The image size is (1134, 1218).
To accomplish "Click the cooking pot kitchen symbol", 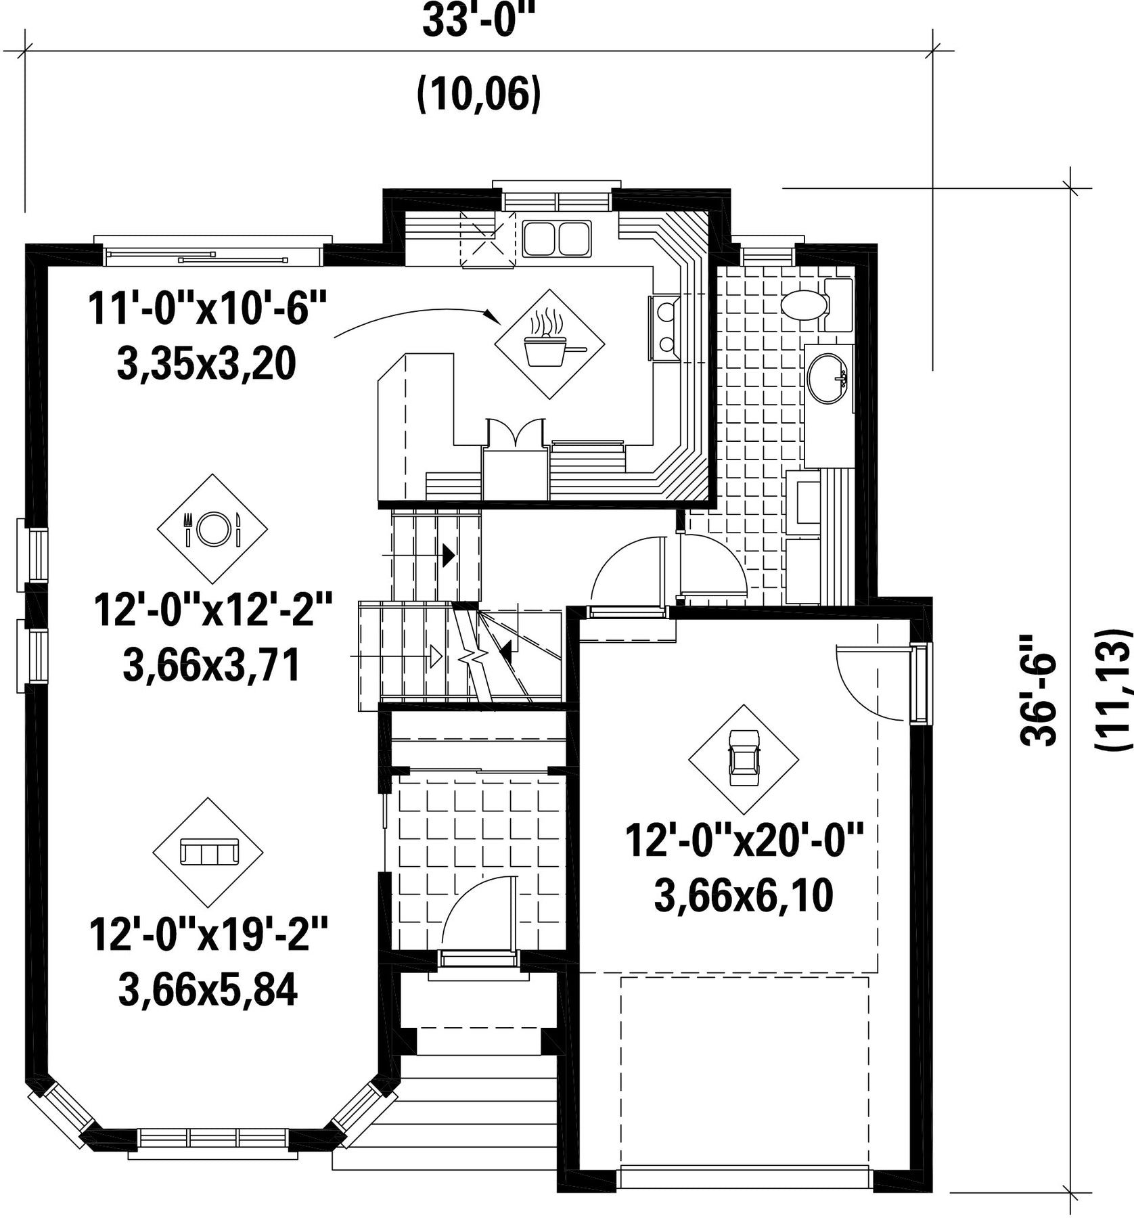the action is pyautogui.click(x=550, y=344).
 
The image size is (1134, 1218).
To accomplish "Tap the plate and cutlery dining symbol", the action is pyautogui.click(x=212, y=528).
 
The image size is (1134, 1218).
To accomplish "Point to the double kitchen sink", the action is pyautogui.click(x=557, y=238).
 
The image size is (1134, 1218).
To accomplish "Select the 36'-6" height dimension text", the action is pyautogui.click(x=1039, y=690).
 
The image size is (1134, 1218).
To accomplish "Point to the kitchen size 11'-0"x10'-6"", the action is pyautogui.click(x=207, y=310).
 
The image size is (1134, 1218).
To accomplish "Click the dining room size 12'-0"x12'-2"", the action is pyautogui.click(x=213, y=610).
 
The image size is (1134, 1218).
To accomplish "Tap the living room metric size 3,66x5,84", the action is pyautogui.click(x=208, y=990).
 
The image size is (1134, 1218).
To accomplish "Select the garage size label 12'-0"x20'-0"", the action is pyautogui.click(x=744, y=840).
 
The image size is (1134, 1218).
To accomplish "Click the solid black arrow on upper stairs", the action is pyautogui.click(x=448, y=556).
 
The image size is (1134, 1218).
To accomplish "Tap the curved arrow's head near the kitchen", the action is pyautogui.click(x=493, y=315).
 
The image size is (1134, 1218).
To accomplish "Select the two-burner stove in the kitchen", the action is pyautogui.click(x=665, y=329).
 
